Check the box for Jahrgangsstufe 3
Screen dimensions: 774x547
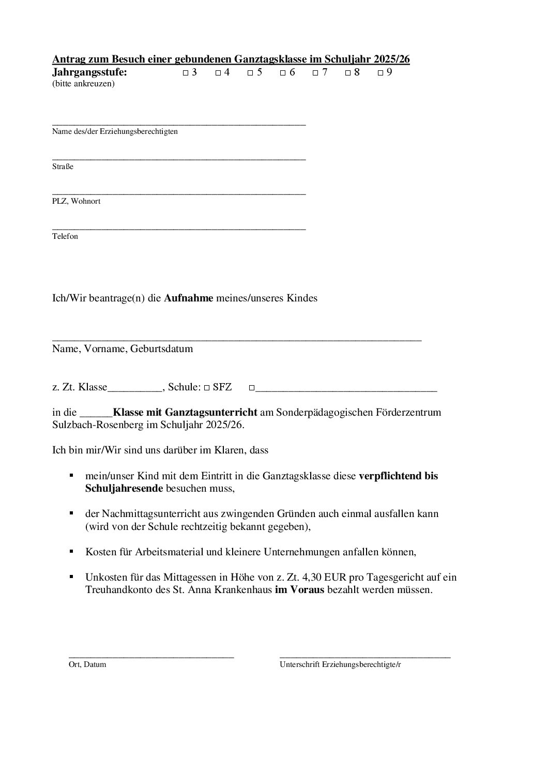pyautogui.click(x=186, y=73)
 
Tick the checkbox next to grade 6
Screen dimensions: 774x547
pyautogui.click(x=283, y=73)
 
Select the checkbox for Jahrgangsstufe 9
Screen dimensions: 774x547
pyautogui.click(x=381, y=73)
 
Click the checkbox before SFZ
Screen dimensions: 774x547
pyautogui.click(x=206, y=388)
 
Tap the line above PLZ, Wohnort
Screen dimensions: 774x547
pyautogui.click(x=179, y=194)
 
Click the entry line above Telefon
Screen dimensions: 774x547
pyautogui.click(x=179, y=229)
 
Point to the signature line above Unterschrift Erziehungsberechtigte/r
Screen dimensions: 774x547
pyautogui.click(x=364, y=657)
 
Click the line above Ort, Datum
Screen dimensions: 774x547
pyautogui.click(x=151, y=657)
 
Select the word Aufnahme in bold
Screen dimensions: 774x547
pyautogui.click(x=188, y=298)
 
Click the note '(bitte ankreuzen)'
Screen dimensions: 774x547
pyautogui.click(x=83, y=84)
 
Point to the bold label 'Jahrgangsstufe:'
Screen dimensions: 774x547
pyautogui.click(x=89, y=72)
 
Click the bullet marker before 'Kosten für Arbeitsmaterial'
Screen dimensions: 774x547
pyautogui.click(x=71, y=551)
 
